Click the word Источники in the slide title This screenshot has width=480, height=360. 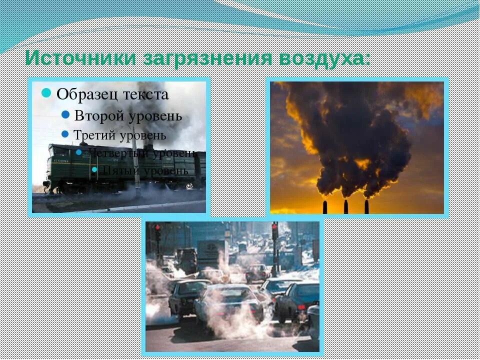pos(79,57)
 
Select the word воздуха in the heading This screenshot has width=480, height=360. pos(324,57)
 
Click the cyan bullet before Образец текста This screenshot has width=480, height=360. pos(46,93)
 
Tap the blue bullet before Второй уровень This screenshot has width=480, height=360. pos(65,115)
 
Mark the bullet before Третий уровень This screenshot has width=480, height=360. pos(65,134)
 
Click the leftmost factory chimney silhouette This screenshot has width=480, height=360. pos(325,207)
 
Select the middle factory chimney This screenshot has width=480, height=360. pos(345,206)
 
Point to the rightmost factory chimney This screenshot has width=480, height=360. pos(366,206)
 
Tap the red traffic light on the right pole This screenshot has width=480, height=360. pos(274,228)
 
